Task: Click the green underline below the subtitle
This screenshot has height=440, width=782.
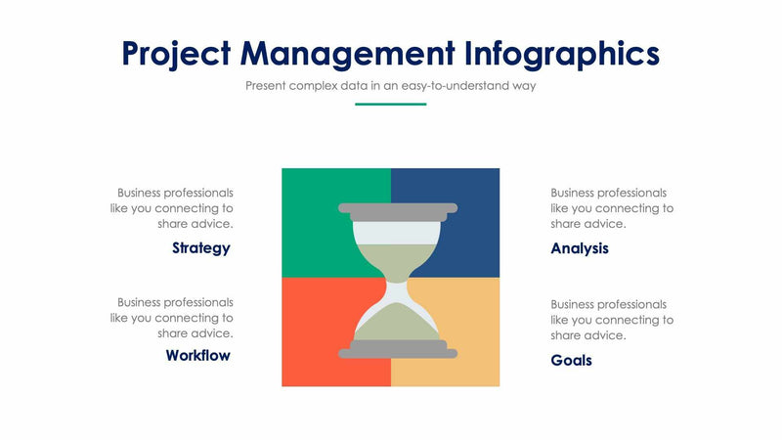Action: click(x=390, y=104)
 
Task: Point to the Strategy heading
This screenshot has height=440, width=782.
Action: click(x=200, y=247)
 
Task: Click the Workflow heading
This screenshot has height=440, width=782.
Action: click(x=197, y=355)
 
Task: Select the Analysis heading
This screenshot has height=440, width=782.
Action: click(x=580, y=248)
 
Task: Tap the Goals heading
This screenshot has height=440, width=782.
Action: click(x=571, y=360)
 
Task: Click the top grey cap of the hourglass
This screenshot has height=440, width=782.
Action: click(x=397, y=208)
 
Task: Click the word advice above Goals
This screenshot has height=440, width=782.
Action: click(x=604, y=335)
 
